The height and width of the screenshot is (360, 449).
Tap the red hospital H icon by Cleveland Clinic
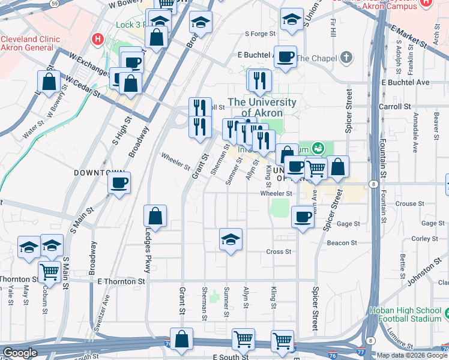pyautogui.click(x=97, y=40)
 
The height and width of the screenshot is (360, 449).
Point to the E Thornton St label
pyautogui.click(x=121, y=281)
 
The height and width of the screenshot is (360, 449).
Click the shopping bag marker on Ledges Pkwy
pyautogui.click(x=155, y=217)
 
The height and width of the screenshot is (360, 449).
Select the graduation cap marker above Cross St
pyautogui.click(x=231, y=240)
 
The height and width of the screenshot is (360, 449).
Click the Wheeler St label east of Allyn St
pyautogui.click(x=276, y=194)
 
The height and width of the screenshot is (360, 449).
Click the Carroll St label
pyautogui.click(x=394, y=106)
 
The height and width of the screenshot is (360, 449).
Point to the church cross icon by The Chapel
pyautogui.click(x=346, y=58)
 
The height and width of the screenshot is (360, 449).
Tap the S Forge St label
pyautogui.click(x=259, y=34)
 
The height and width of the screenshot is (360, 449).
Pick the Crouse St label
pyautogui.click(x=409, y=204)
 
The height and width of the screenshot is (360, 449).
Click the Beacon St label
pyautogui.click(x=342, y=243)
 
